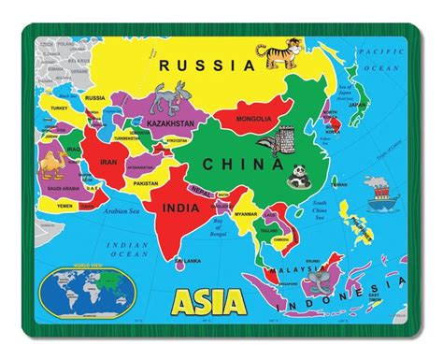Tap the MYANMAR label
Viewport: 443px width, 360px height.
coord(246,213)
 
